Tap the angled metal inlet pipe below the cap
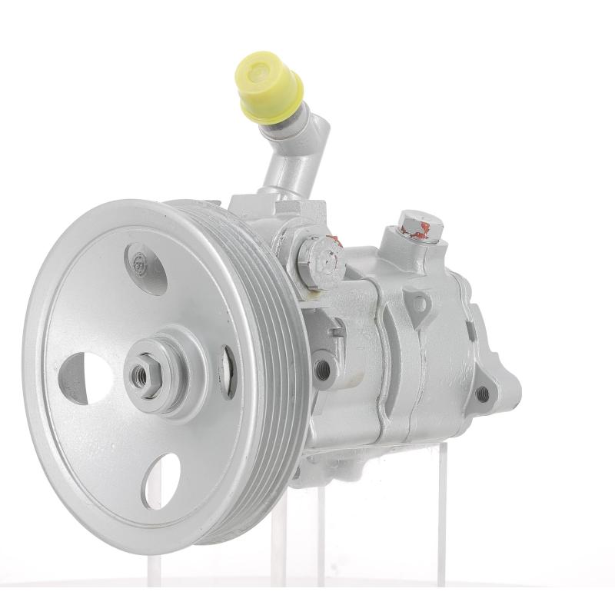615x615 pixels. click(x=288, y=154)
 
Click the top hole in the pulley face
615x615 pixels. click(x=145, y=267)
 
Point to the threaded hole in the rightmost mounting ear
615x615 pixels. click(x=483, y=394)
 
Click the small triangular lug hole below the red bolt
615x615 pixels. click(x=419, y=303)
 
